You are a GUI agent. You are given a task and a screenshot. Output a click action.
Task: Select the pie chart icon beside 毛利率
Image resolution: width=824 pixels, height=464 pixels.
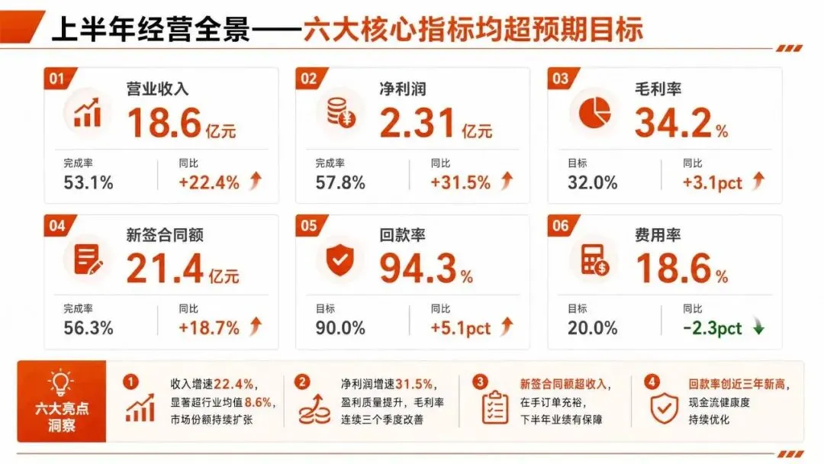(594, 112)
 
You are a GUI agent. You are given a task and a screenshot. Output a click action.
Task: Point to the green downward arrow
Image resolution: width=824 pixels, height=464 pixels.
(758, 327)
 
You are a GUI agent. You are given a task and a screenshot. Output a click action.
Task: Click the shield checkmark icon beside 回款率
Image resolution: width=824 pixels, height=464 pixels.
(340, 259)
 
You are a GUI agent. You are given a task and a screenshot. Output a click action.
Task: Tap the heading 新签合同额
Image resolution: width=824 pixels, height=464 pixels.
(165, 235)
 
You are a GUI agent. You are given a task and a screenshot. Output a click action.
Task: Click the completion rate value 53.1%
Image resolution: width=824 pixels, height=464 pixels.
(89, 183)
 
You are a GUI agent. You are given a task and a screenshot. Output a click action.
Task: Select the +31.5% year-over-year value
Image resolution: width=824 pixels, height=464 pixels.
(460, 183)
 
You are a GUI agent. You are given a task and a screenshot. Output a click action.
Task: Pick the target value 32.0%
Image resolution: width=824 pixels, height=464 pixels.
(592, 183)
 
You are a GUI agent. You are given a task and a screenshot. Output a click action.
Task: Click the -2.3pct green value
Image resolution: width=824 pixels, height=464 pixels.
(712, 328)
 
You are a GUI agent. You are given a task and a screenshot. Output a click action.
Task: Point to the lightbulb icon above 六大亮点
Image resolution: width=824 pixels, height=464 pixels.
(61, 382)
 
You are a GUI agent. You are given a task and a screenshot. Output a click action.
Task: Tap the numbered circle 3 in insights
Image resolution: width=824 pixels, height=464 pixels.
(480, 382)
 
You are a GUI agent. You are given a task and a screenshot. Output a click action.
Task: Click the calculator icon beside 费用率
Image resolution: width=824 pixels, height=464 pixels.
(594, 259)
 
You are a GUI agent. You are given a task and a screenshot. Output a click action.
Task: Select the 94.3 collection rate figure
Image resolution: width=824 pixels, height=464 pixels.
(418, 269)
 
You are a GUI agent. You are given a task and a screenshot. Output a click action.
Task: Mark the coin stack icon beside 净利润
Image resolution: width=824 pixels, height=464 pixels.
(341, 112)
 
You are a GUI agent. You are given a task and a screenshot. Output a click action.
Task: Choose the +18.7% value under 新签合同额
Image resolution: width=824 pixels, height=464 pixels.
(208, 328)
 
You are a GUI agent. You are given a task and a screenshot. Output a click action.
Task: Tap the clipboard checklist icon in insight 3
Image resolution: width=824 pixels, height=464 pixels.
(495, 408)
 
